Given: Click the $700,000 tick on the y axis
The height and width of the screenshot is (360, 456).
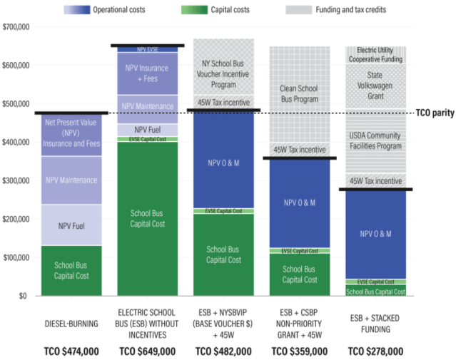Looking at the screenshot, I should (15, 26).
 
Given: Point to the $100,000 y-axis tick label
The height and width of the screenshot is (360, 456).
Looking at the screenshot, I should (15, 257).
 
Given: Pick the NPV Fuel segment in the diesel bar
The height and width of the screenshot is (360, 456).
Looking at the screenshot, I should (71, 226).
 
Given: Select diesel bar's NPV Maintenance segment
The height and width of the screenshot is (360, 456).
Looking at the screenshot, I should (71, 180).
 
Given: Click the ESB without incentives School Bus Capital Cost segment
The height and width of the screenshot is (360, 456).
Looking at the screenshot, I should (148, 218).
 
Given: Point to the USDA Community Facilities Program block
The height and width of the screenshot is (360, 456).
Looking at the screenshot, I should (376, 140).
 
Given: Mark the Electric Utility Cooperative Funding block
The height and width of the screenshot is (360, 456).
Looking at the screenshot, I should (376, 55).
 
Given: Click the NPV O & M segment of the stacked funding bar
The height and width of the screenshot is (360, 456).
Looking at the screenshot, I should (376, 234).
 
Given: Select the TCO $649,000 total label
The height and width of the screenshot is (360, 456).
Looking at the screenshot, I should (148, 351).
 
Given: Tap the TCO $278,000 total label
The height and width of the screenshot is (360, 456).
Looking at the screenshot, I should (376, 351).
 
